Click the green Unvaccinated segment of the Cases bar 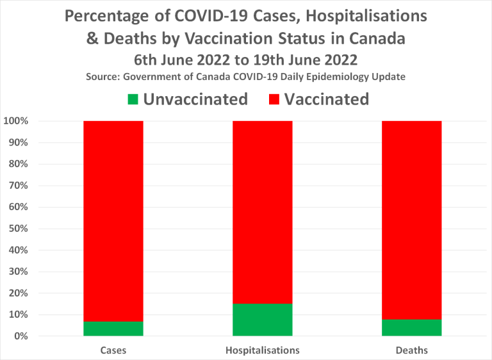pos(113,328)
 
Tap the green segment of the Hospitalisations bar pos(263,319)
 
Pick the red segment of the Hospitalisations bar pos(263,211)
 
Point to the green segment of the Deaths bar pos(412,327)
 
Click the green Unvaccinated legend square pos(133,99)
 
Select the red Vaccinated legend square pos(274,99)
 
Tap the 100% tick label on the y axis pos(14,121)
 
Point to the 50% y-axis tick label pos(17,229)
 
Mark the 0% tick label pos(19,336)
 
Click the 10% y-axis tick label pos(17,315)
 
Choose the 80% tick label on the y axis pos(17,164)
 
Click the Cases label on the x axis pos(113,350)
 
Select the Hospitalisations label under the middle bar pos(263,350)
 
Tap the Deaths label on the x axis pos(412,350)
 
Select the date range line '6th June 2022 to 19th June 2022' pos(245,60)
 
